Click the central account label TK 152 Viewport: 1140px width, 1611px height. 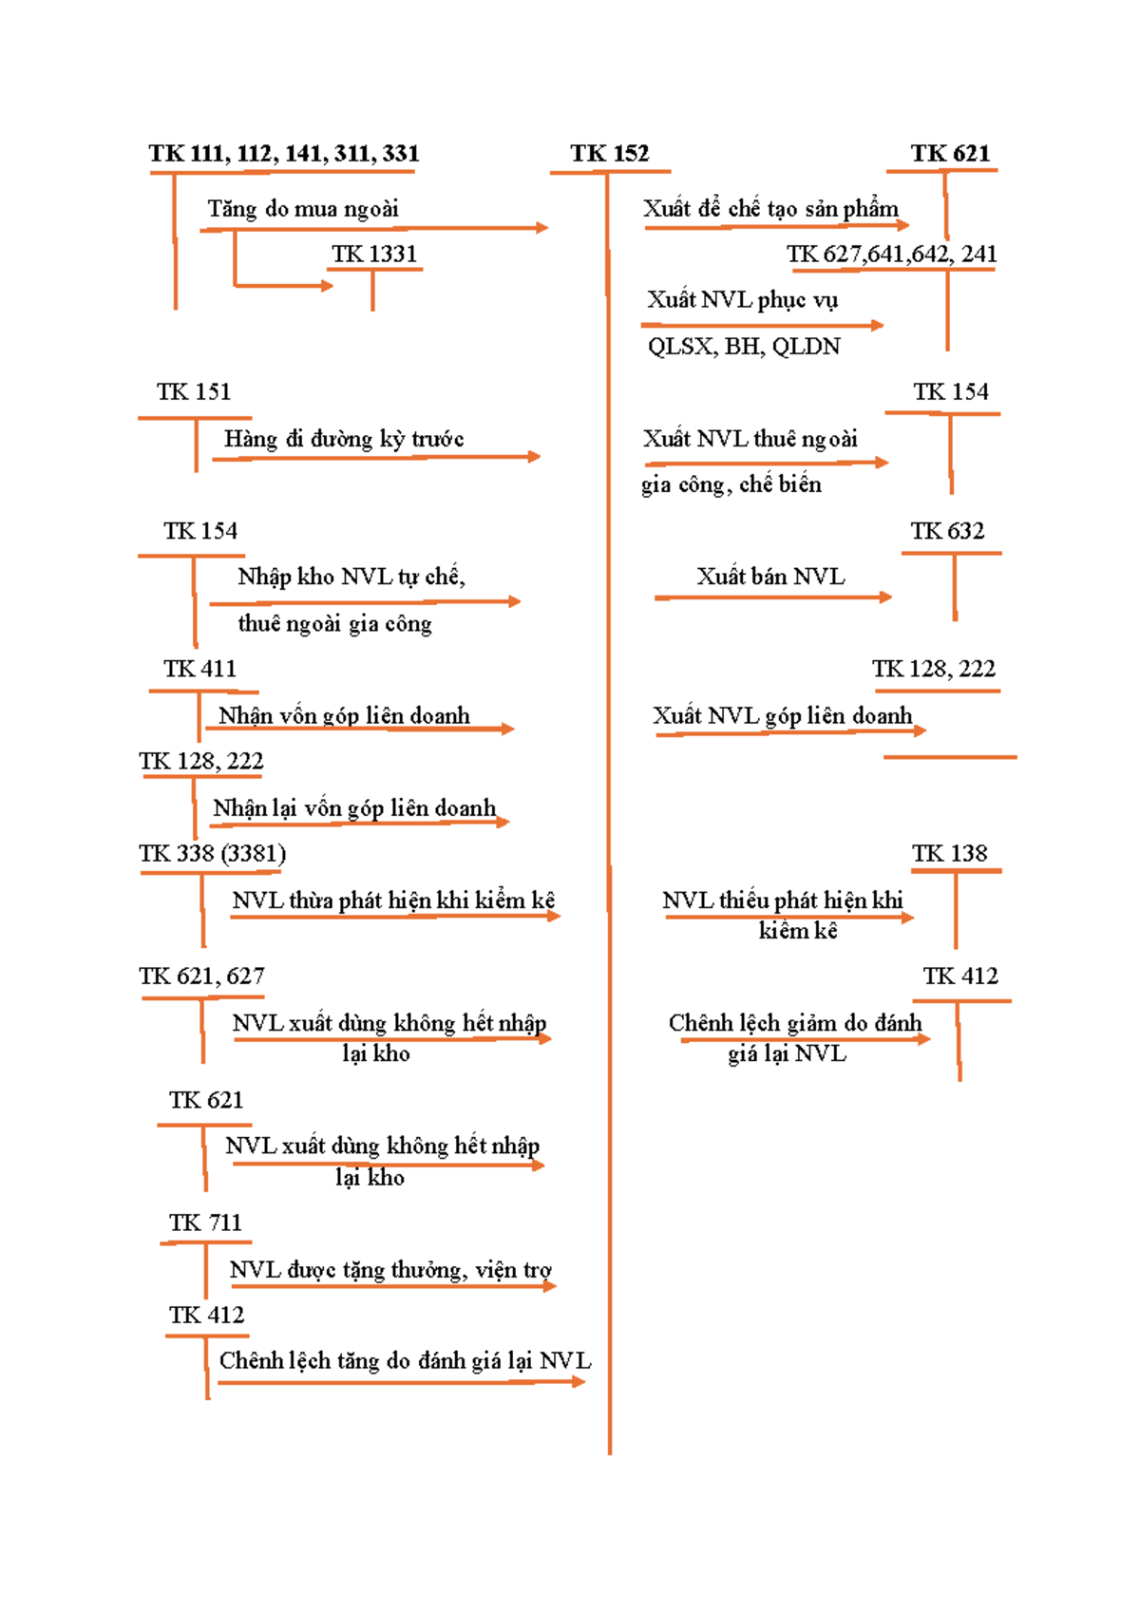tap(609, 153)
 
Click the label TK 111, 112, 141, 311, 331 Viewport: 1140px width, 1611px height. tap(283, 153)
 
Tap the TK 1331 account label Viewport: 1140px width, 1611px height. tap(374, 254)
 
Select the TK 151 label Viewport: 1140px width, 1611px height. tap(194, 392)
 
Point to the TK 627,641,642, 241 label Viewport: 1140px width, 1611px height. tap(891, 254)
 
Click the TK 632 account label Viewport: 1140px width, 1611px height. tap(947, 531)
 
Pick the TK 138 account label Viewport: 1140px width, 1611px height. tap(949, 853)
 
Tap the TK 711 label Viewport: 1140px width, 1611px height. tap(205, 1222)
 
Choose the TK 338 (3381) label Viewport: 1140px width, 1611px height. tap(212, 854)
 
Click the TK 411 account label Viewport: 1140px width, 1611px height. tap(199, 669)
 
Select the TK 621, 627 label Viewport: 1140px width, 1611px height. tap(201, 976)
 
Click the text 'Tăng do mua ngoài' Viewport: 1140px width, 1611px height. tap(303, 209)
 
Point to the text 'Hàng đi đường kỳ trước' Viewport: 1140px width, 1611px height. tap(344, 439)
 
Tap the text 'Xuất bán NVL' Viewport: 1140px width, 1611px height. tap(770, 576)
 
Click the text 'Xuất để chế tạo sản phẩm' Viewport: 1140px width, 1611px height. tap(770, 209)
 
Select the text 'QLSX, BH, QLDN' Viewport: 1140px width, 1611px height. tap(744, 347)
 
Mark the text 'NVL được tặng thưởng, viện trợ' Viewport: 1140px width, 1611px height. tap(390, 1270)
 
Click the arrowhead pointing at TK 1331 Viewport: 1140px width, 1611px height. tap(327, 286)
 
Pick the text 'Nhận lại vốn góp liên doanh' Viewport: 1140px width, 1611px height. tap(354, 807)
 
